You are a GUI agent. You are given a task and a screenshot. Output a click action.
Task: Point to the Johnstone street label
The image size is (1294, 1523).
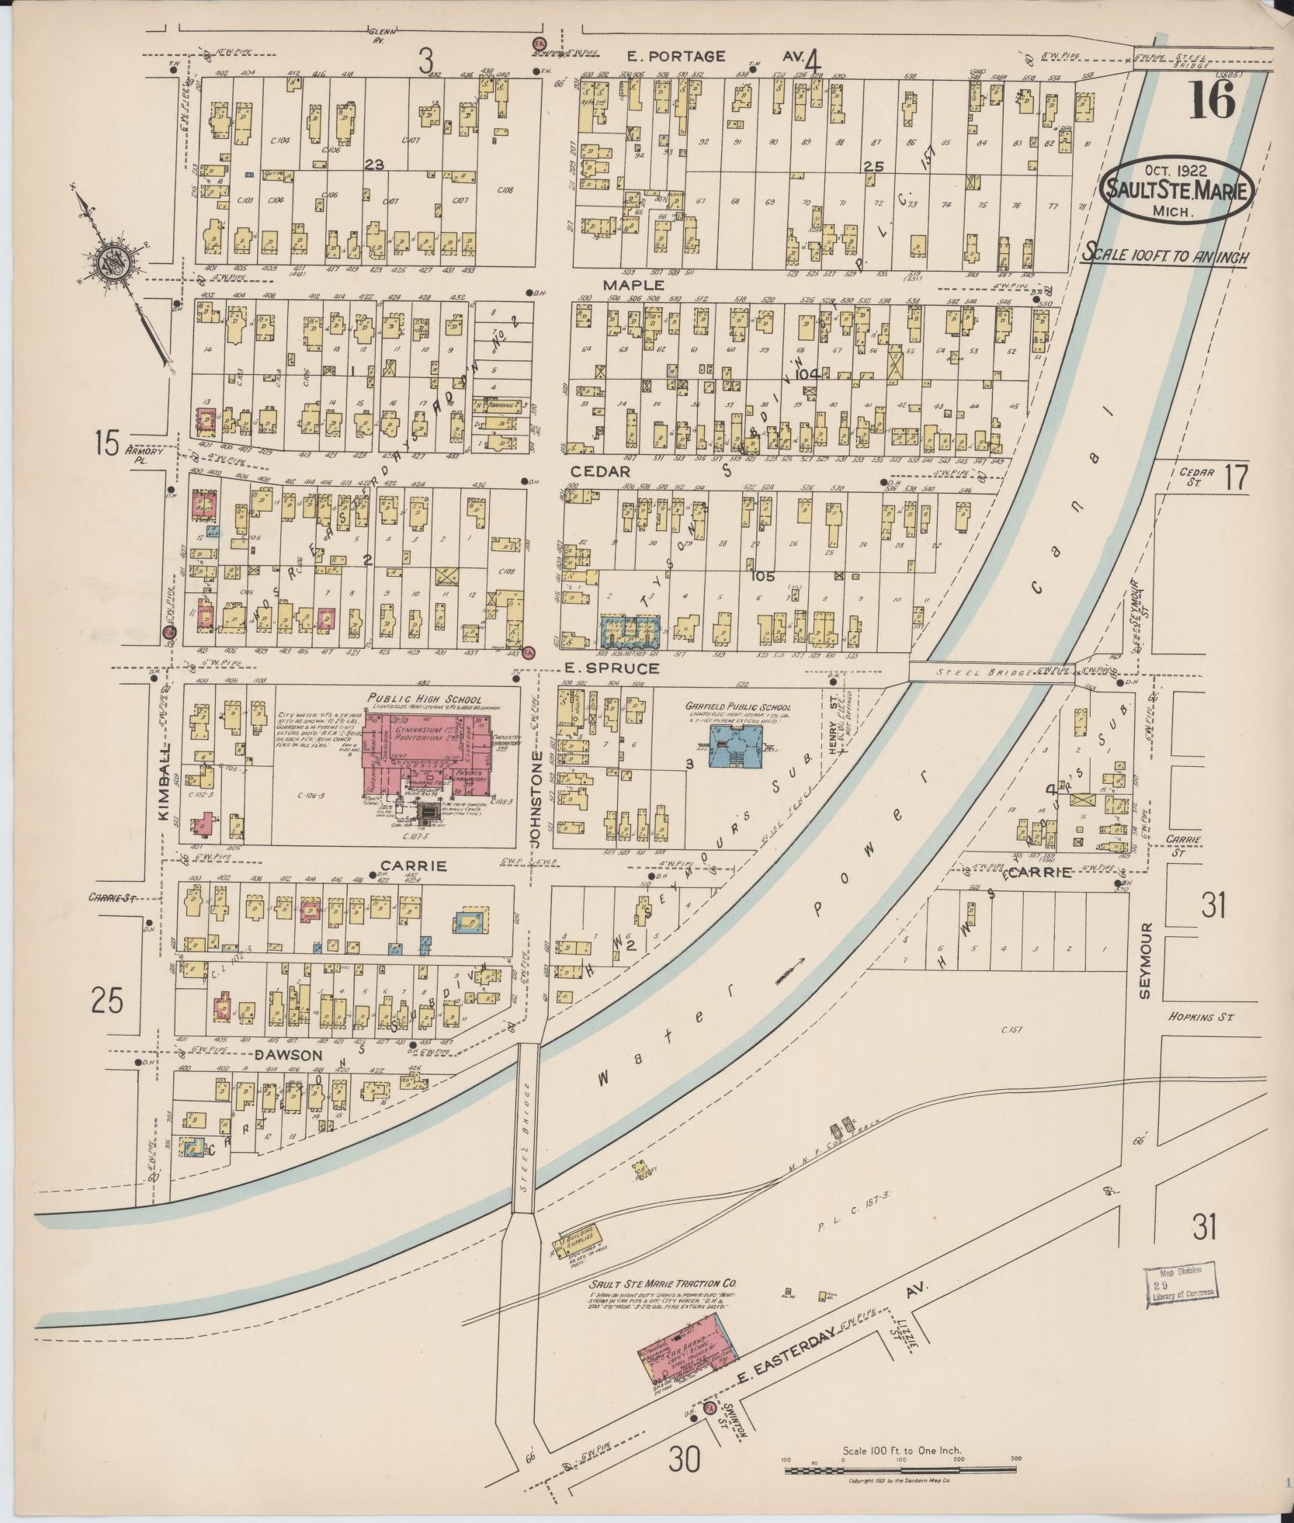(x=534, y=797)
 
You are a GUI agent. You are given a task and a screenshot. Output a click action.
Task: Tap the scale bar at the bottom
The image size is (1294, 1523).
(x=900, y=1469)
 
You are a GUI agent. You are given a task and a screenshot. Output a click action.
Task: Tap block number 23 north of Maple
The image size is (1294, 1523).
(x=374, y=164)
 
